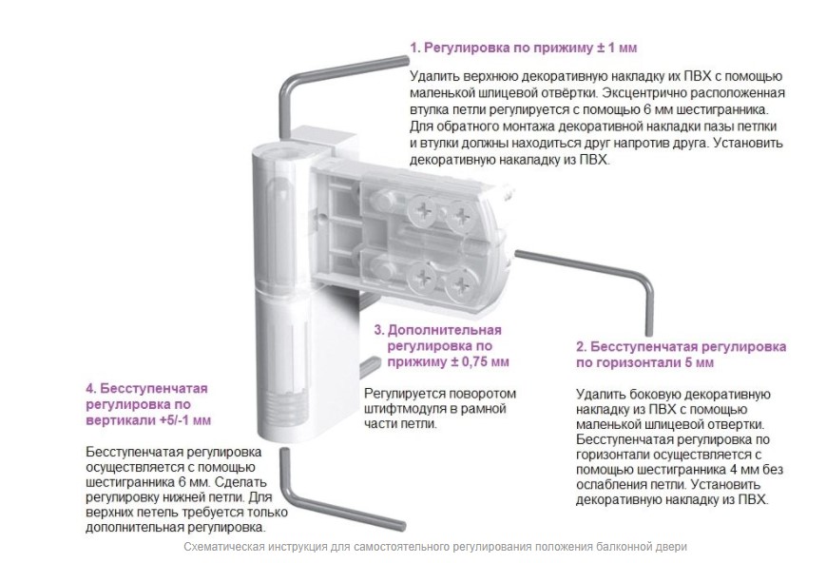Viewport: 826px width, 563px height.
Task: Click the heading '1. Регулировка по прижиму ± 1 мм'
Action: click(x=523, y=48)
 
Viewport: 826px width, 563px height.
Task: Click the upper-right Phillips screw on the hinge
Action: click(x=461, y=216)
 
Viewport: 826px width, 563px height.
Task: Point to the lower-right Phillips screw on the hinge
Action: click(x=461, y=285)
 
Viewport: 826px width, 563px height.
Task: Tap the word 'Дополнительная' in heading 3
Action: click(x=445, y=331)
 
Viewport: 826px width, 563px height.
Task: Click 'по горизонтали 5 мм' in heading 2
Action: click(x=644, y=363)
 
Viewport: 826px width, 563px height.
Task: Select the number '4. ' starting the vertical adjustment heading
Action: click(x=91, y=389)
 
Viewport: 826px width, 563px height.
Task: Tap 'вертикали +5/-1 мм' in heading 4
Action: click(x=148, y=421)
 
